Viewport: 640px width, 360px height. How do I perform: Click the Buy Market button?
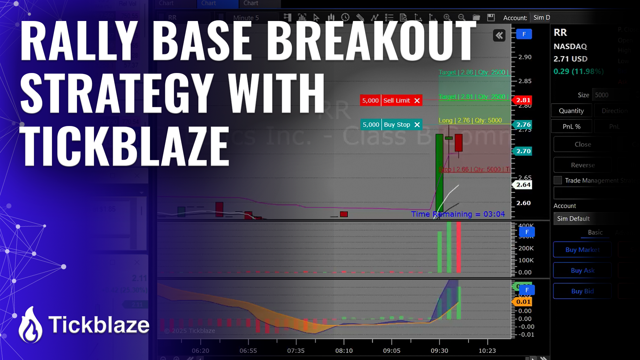tap(582, 250)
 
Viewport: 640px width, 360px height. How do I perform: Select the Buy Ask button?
tap(582, 270)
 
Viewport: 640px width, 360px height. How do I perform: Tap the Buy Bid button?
tap(582, 291)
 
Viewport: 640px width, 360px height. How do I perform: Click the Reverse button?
tap(582, 165)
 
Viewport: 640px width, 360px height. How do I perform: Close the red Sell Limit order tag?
tap(417, 101)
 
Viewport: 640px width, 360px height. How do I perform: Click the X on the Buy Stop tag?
tap(417, 125)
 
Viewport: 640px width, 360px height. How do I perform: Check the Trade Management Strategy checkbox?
tap(558, 180)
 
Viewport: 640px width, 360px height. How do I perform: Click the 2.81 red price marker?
tap(523, 100)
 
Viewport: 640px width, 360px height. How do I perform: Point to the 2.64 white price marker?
tap(523, 185)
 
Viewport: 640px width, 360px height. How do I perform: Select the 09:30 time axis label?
tap(439, 351)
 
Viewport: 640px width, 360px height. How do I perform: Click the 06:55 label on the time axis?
tap(248, 351)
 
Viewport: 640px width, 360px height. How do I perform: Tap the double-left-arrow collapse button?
tap(499, 35)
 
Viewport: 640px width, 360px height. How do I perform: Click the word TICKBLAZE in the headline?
tap(124, 146)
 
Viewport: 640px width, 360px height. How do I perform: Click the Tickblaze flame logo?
tap(30, 325)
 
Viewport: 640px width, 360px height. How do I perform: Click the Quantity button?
tap(571, 111)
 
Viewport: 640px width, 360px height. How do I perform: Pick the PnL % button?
tap(571, 127)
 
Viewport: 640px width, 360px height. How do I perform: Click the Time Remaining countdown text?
tap(458, 214)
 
